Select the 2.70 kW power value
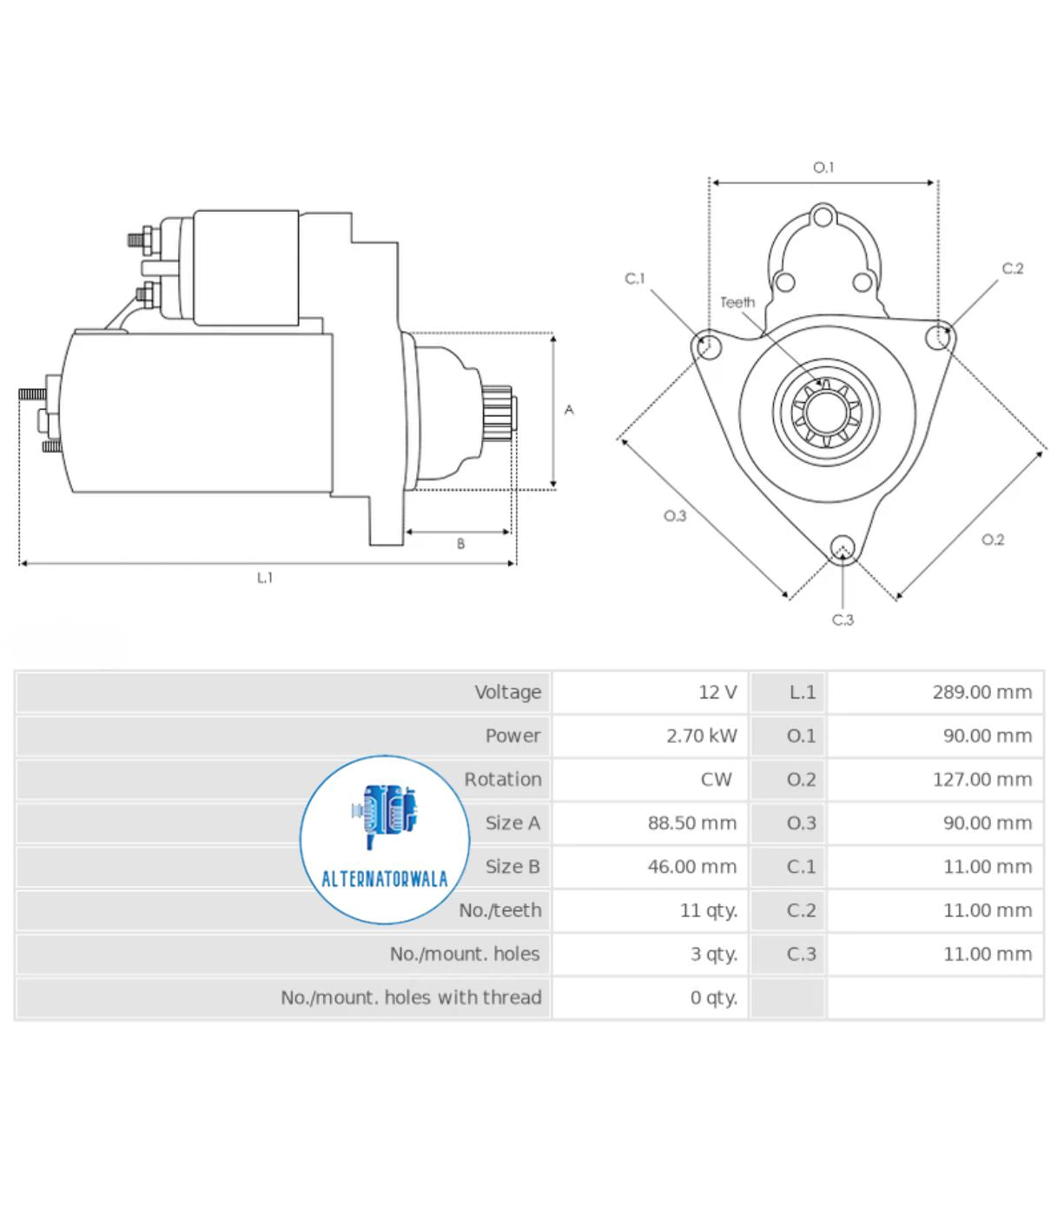(x=701, y=736)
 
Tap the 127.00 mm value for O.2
(x=981, y=779)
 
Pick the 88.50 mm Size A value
(x=691, y=823)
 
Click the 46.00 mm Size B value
(x=691, y=867)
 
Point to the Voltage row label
(x=508, y=692)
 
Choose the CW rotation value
(x=716, y=779)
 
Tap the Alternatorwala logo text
(x=384, y=878)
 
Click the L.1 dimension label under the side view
(x=265, y=578)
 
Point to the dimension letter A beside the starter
(x=569, y=410)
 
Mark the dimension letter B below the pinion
(x=460, y=544)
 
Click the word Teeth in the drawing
(x=737, y=302)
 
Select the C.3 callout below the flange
(x=843, y=619)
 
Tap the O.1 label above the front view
(x=823, y=168)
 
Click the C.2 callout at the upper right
(x=1013, y=268)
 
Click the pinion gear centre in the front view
(x=827, y=412)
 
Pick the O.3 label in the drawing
(x=675, y=515)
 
